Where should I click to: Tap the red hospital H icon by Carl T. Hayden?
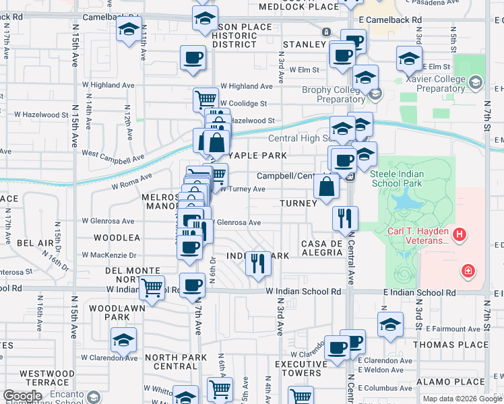460,235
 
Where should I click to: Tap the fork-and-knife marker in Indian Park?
257,263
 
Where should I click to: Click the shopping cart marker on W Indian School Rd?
152,288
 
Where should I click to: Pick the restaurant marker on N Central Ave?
344,218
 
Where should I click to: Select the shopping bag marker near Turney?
326,188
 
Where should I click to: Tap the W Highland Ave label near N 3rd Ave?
247,86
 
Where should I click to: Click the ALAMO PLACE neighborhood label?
464,381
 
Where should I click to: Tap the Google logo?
23,396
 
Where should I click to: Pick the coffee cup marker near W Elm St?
342,55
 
